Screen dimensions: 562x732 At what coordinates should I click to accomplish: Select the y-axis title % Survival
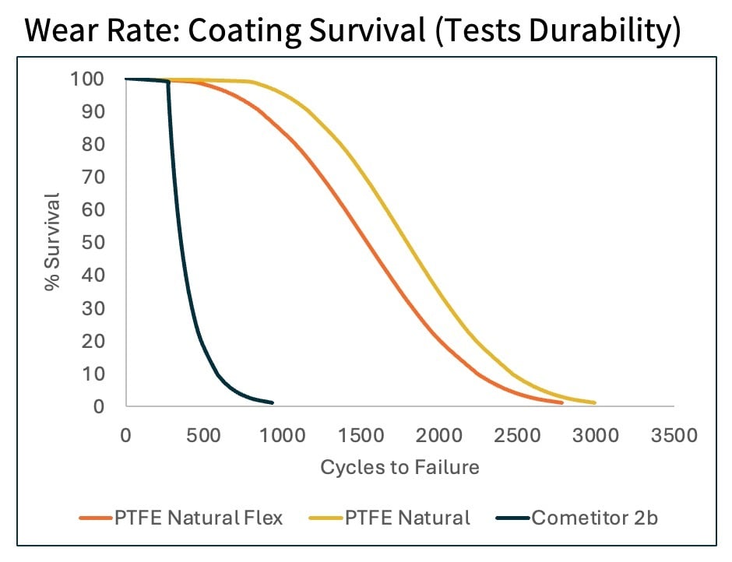[x=52, y=243]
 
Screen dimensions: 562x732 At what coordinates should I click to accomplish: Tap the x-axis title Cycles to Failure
[x=399, y=467]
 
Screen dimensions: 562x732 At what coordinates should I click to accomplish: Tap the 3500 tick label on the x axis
[x=674, y=435]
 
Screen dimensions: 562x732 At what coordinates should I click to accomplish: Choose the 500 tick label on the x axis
[x=204, y=435]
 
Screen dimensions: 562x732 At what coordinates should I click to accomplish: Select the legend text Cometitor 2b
[x=595, y=518]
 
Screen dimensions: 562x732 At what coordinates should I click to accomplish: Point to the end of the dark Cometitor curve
[x=273, y=402]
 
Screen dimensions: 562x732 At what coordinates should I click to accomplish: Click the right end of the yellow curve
[x=595, y=402]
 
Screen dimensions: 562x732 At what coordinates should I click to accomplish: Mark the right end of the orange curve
[x=561, y=402]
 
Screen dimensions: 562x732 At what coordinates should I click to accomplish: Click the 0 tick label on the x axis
[x=125, y=435]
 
